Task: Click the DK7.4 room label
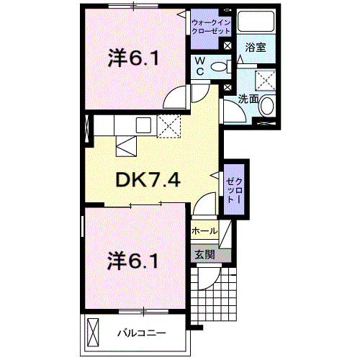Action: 148,180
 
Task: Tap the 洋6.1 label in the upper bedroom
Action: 133,58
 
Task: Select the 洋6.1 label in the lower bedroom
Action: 132,261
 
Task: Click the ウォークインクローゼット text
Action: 211,27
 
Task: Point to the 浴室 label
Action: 256,48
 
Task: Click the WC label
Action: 199,66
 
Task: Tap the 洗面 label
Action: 248,99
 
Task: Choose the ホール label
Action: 204,231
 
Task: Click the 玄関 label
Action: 204,255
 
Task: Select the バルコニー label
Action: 142,333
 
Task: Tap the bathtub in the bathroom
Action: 256,21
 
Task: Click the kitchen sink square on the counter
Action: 143,125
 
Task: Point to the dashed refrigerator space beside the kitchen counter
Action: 168,126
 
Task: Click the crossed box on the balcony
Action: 93,332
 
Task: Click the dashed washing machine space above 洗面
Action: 265,81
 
